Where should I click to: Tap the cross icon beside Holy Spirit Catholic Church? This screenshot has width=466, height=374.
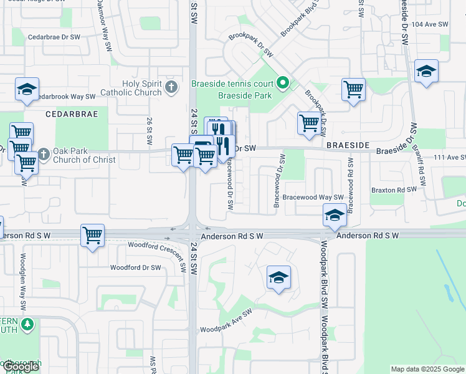172,88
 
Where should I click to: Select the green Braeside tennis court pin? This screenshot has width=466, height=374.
283,82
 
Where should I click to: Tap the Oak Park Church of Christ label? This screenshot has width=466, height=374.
85,155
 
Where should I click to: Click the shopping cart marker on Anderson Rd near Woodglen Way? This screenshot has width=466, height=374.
92,236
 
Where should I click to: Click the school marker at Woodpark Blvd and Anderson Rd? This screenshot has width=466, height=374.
335,216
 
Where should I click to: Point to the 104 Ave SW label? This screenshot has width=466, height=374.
430,24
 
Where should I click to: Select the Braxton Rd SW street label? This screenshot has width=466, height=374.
393,189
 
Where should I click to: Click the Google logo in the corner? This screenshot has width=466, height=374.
21,367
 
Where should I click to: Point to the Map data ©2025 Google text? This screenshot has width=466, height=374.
427,369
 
